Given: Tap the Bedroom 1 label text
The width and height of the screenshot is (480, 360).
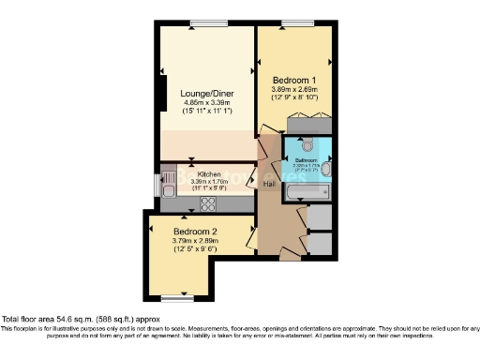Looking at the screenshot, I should [293, 81].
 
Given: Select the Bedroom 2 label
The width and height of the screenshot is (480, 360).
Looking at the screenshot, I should [195, 232].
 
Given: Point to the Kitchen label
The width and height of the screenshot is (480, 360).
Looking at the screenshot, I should [209, 174].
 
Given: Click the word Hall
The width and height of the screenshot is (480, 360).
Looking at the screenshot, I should [268, 184].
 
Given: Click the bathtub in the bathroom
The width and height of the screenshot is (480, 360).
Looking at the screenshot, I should [307, 192].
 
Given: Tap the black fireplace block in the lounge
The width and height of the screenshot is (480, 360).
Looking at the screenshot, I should [163, 93].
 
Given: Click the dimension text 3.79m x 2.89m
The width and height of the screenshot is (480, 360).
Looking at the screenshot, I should [194, 242].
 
